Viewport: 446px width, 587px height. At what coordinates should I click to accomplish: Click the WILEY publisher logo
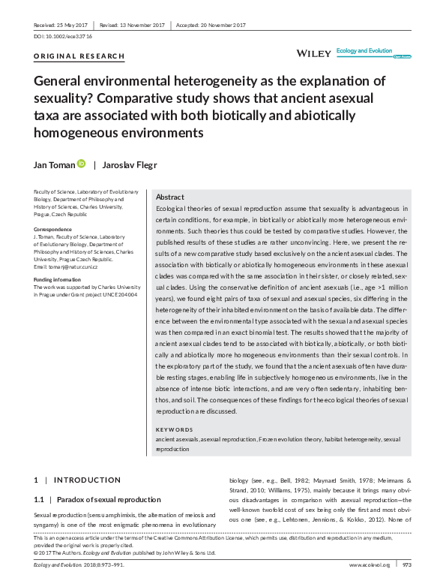coord(314,54)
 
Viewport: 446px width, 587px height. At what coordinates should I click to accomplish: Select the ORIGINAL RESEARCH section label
coord(79,57)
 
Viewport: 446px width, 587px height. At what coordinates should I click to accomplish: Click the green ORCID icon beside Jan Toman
coord(81,164)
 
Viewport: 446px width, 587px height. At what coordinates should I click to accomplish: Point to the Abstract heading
coord(169,197)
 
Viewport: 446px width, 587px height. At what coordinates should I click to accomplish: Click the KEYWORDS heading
coord(174,429)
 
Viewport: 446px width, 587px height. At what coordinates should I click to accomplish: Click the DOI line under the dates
coord(63,36)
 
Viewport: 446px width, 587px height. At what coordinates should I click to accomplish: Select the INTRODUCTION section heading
coord(87,480)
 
